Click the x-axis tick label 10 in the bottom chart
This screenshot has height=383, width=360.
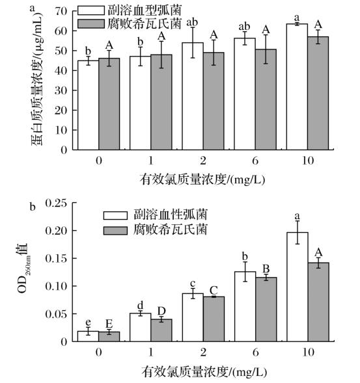[x=309, y=352]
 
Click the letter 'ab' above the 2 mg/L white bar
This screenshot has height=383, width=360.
[x=192, y=23]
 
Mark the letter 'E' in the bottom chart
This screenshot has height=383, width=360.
[x=109, y=324]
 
